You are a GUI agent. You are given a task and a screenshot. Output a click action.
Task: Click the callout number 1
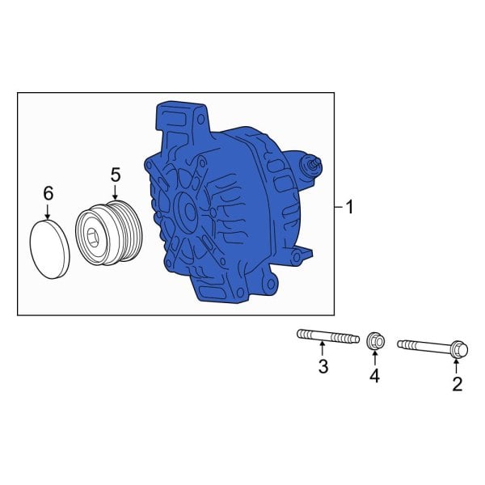click(349, 209)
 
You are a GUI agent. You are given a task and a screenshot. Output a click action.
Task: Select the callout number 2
click(457, 384)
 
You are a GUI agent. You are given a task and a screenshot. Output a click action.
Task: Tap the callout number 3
click(323, 367)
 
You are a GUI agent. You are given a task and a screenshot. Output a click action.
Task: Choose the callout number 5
click(115, 174)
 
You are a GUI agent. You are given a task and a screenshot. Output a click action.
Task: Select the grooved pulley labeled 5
click(108, 235)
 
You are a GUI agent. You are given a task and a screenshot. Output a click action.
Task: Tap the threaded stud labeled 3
click(327, 335)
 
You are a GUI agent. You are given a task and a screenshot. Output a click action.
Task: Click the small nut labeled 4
click(374, 341)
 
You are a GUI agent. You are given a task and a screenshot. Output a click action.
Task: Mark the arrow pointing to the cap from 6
click(48, 211)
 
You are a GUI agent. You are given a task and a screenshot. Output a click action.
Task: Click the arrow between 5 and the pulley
click(115, 192)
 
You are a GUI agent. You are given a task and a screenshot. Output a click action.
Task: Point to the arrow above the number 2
click(457, 365)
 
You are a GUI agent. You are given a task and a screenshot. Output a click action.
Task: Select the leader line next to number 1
click(338, 209)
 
